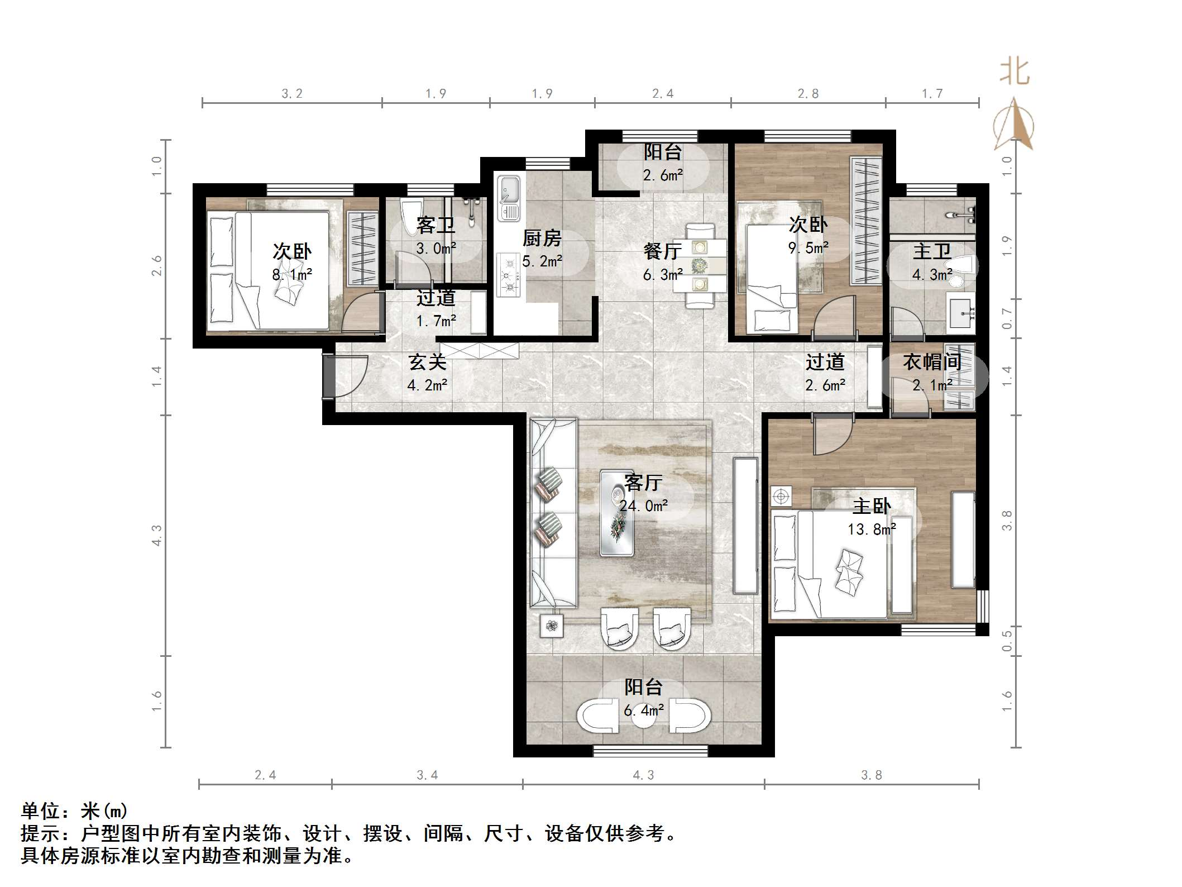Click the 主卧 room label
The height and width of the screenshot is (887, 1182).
[871, 506]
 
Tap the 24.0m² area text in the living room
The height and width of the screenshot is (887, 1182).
[643, 506]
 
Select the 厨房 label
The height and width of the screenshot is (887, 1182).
[542, 239]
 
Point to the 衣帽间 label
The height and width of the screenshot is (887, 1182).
[932, 362]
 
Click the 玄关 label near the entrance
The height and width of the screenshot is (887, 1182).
[427, 362]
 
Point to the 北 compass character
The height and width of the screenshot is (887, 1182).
[1014, 73]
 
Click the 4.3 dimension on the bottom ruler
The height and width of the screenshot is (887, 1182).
[643, 775]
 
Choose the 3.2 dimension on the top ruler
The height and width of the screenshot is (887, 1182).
[291, 94]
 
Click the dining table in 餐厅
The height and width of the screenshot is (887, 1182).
[699, 265]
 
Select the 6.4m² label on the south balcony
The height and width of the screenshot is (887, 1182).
[643, 710]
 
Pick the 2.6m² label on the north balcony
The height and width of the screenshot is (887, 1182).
[662, 175]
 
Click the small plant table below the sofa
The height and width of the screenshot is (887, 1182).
[552, 626]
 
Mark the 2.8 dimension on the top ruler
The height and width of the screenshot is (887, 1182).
[807, 94]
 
